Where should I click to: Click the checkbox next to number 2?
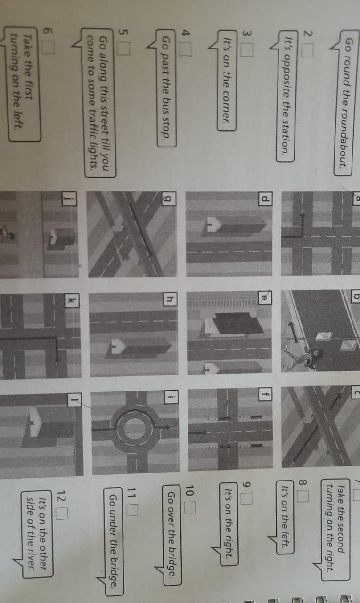tap(308, 51)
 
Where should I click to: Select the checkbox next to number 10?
tap(190, 508)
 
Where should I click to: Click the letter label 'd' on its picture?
tap(265, 199)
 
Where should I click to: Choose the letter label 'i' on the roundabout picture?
tap(171, 397)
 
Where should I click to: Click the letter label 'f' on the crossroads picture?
tap(265, 394)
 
